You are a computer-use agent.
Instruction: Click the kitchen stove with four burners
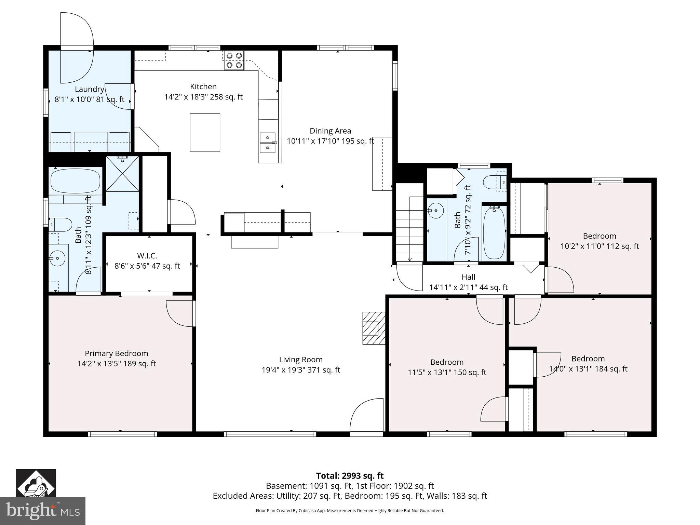coord(234,60)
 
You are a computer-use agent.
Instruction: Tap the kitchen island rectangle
coord(205,133)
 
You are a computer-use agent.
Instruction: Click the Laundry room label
coord(90,89)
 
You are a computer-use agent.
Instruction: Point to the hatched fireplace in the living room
coord(373,328)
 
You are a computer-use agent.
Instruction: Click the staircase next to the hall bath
coord(410,232)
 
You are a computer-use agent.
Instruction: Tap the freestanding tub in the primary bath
coord(75,181)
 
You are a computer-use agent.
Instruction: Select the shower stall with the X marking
coord(122,174)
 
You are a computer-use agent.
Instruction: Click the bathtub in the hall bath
coord(494,233)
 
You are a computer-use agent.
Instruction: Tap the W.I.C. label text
coord(147,256)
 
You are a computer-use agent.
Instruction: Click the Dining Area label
coord(330,131)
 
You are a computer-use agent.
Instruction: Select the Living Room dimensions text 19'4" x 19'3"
coord(301,370)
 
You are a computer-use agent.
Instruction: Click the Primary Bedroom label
coord(116,353)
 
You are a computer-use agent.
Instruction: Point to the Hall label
coord(468,277)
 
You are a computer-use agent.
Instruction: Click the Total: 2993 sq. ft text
coord(350,476)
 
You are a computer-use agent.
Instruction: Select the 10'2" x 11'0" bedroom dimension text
coord(600,246)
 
